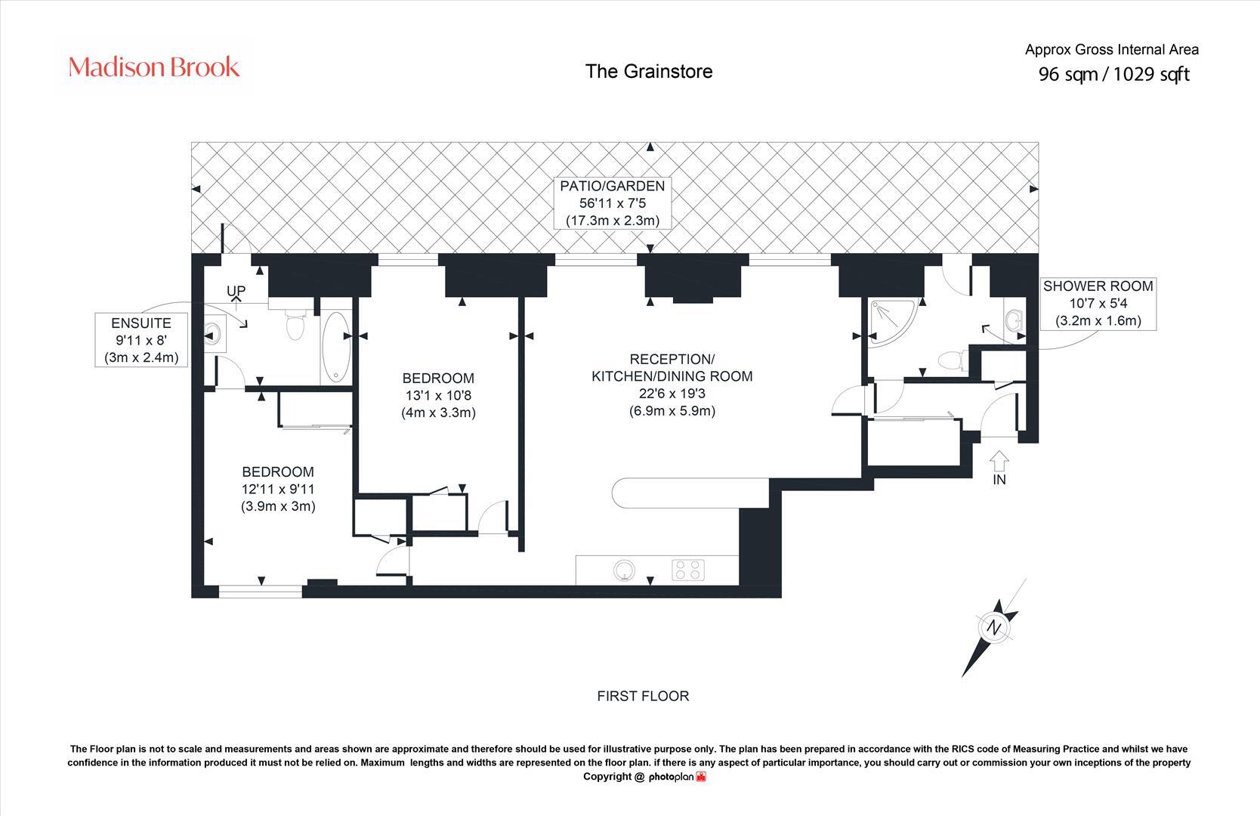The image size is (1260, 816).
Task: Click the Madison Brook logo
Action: coord(154,67)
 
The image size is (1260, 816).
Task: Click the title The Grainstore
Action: coord(649,71)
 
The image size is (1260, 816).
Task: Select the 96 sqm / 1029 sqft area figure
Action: coord(1113,74)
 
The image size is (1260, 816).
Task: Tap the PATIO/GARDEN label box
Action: coord(612,203)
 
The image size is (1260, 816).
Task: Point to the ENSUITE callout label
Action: coord(141,340)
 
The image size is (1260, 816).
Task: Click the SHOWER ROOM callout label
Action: coord(1098,303)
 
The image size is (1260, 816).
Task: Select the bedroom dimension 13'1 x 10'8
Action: coord(438,395)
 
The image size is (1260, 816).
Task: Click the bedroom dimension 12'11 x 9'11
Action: coord(278,489)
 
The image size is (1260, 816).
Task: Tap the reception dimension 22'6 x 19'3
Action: coord(672,394)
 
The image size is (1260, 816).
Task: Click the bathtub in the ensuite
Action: coord(336,348)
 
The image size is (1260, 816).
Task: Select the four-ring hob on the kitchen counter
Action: coord(688,570)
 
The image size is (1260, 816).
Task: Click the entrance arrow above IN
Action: coord(999,459)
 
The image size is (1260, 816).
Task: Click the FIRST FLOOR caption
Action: coord(643,696)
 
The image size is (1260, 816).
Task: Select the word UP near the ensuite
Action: coord(236,291)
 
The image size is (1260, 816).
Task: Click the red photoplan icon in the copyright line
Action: coord(701,777)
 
